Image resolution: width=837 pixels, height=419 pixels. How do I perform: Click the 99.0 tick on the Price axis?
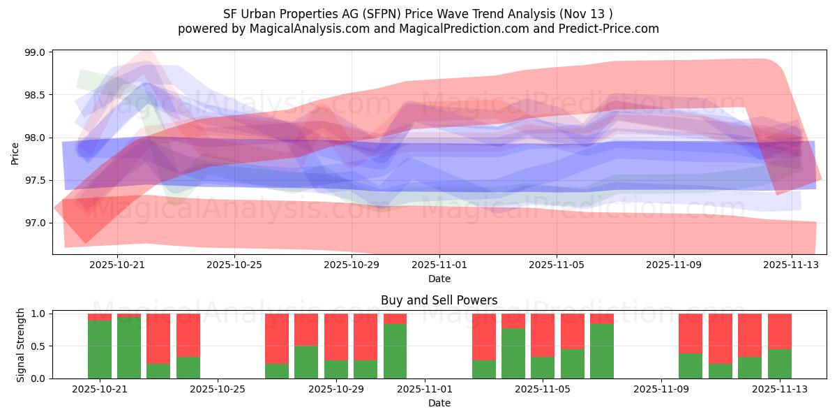pyautogui.click(x=35, y=52)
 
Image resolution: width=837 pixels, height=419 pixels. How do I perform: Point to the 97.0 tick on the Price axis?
pyautogui.click(x=35, y=223)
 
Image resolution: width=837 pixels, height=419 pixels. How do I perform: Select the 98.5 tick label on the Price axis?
pyautogui.click(x=35, y=95)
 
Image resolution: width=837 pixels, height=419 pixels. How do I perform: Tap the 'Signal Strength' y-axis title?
pyautogui.click(x=21, y=345)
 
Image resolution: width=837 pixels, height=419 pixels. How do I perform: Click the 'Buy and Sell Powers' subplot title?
pyautogui.click(x=439, y=300)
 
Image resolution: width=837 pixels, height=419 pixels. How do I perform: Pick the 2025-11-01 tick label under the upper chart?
pyautogui.click(x=439, y=265)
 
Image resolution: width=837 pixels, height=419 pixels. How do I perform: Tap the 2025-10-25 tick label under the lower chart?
pyautogui.click(x=218, y=389)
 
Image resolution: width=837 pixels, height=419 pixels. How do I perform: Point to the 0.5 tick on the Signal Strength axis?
pyautogui.click(x=38, y=346)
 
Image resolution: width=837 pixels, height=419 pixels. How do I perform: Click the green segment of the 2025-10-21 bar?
pyautogui.click(x=100, y=349)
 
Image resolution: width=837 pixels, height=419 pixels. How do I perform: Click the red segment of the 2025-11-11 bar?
pyautogui.click(x=720, y=338)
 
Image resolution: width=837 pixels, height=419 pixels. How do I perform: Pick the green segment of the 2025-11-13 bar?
pyautogui.click(x=779, y=364)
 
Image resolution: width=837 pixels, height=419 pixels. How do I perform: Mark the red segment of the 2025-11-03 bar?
pyautogui.click(x=483, y=337)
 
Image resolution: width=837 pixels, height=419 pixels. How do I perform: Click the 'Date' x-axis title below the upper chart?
pyautogui.click(x=439, y=279)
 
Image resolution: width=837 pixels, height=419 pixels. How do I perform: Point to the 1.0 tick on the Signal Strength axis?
pyautogui.click(x=38, y=314)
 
